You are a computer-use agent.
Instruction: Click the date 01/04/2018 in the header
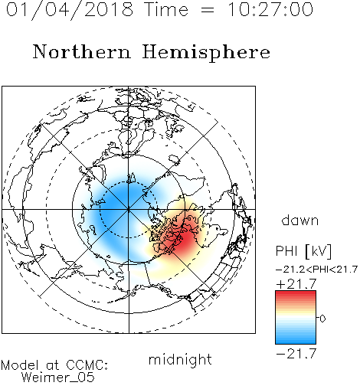(x=70, y=10)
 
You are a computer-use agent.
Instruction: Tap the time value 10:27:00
(x=270, y=9)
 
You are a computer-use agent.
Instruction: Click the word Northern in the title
(x=82, y=51)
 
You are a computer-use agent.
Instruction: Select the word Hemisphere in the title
(x=206, y=52)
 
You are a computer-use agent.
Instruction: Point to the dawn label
(x=300, y=220)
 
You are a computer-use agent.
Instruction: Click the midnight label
(x=180, y=360)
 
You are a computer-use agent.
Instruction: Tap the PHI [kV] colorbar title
(x=303, y=251)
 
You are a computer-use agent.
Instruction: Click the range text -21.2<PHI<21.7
(x=316, y=270)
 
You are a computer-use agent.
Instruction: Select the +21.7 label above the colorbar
(x=296, y=284)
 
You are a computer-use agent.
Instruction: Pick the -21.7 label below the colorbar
(x=296, y=354)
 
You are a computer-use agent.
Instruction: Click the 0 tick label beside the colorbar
(x=322, y=319)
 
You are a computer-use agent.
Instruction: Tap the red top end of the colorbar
(x=296, y=293)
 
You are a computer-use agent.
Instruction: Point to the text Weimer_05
(x=58, y=378)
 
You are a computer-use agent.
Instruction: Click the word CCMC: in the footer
(x=87, y=365)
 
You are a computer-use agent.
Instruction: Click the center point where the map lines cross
(x=129, y=210)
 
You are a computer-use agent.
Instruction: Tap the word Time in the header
(x=166, y=9)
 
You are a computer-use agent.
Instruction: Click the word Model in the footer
(x=20, y=365)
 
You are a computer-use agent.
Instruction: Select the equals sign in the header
(x=208, y=11)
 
